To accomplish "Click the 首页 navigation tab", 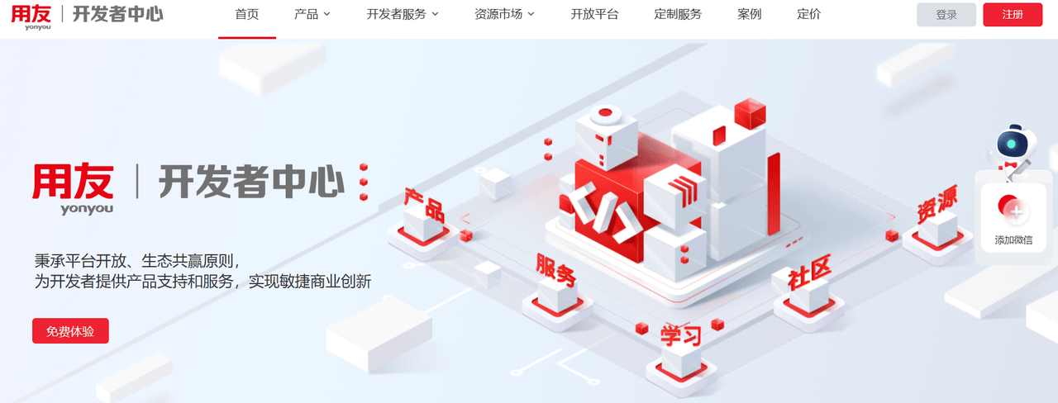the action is coord(246,15).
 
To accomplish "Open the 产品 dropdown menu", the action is coord(312,15).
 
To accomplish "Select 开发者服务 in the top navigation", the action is coord(403,15).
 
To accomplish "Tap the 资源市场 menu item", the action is coord(504,15).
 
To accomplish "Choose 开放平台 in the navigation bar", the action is coord(594,15).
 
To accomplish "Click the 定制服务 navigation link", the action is coord(678,15).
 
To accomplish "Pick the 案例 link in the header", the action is coord(749,15).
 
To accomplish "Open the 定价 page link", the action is coord(808,15).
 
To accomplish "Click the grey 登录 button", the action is coord(946,15).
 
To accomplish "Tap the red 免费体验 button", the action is coord(70,331).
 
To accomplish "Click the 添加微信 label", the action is coord(1013,240).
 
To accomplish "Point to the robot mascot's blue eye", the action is coord(1011,144).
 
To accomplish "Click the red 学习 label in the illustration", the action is coord(680,335).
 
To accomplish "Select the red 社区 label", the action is coord(809,273).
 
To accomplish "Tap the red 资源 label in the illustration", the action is coord(937,203).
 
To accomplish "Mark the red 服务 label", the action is coord(556,270).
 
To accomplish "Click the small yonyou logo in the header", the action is coord(31,17).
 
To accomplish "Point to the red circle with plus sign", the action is coord(1010,207).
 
